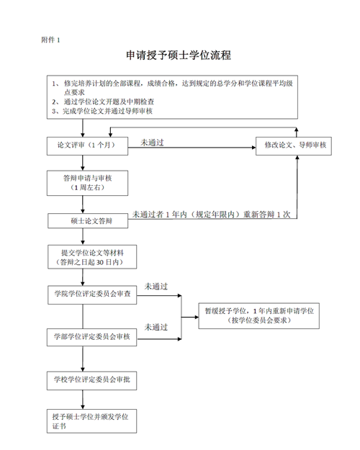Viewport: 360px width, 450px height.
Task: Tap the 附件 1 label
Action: (51, 40)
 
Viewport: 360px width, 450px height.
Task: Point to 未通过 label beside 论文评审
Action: (152, 143)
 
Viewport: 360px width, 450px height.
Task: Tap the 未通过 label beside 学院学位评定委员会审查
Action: (156, 286)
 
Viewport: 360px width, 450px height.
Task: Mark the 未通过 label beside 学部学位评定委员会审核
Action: (156, 326)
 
